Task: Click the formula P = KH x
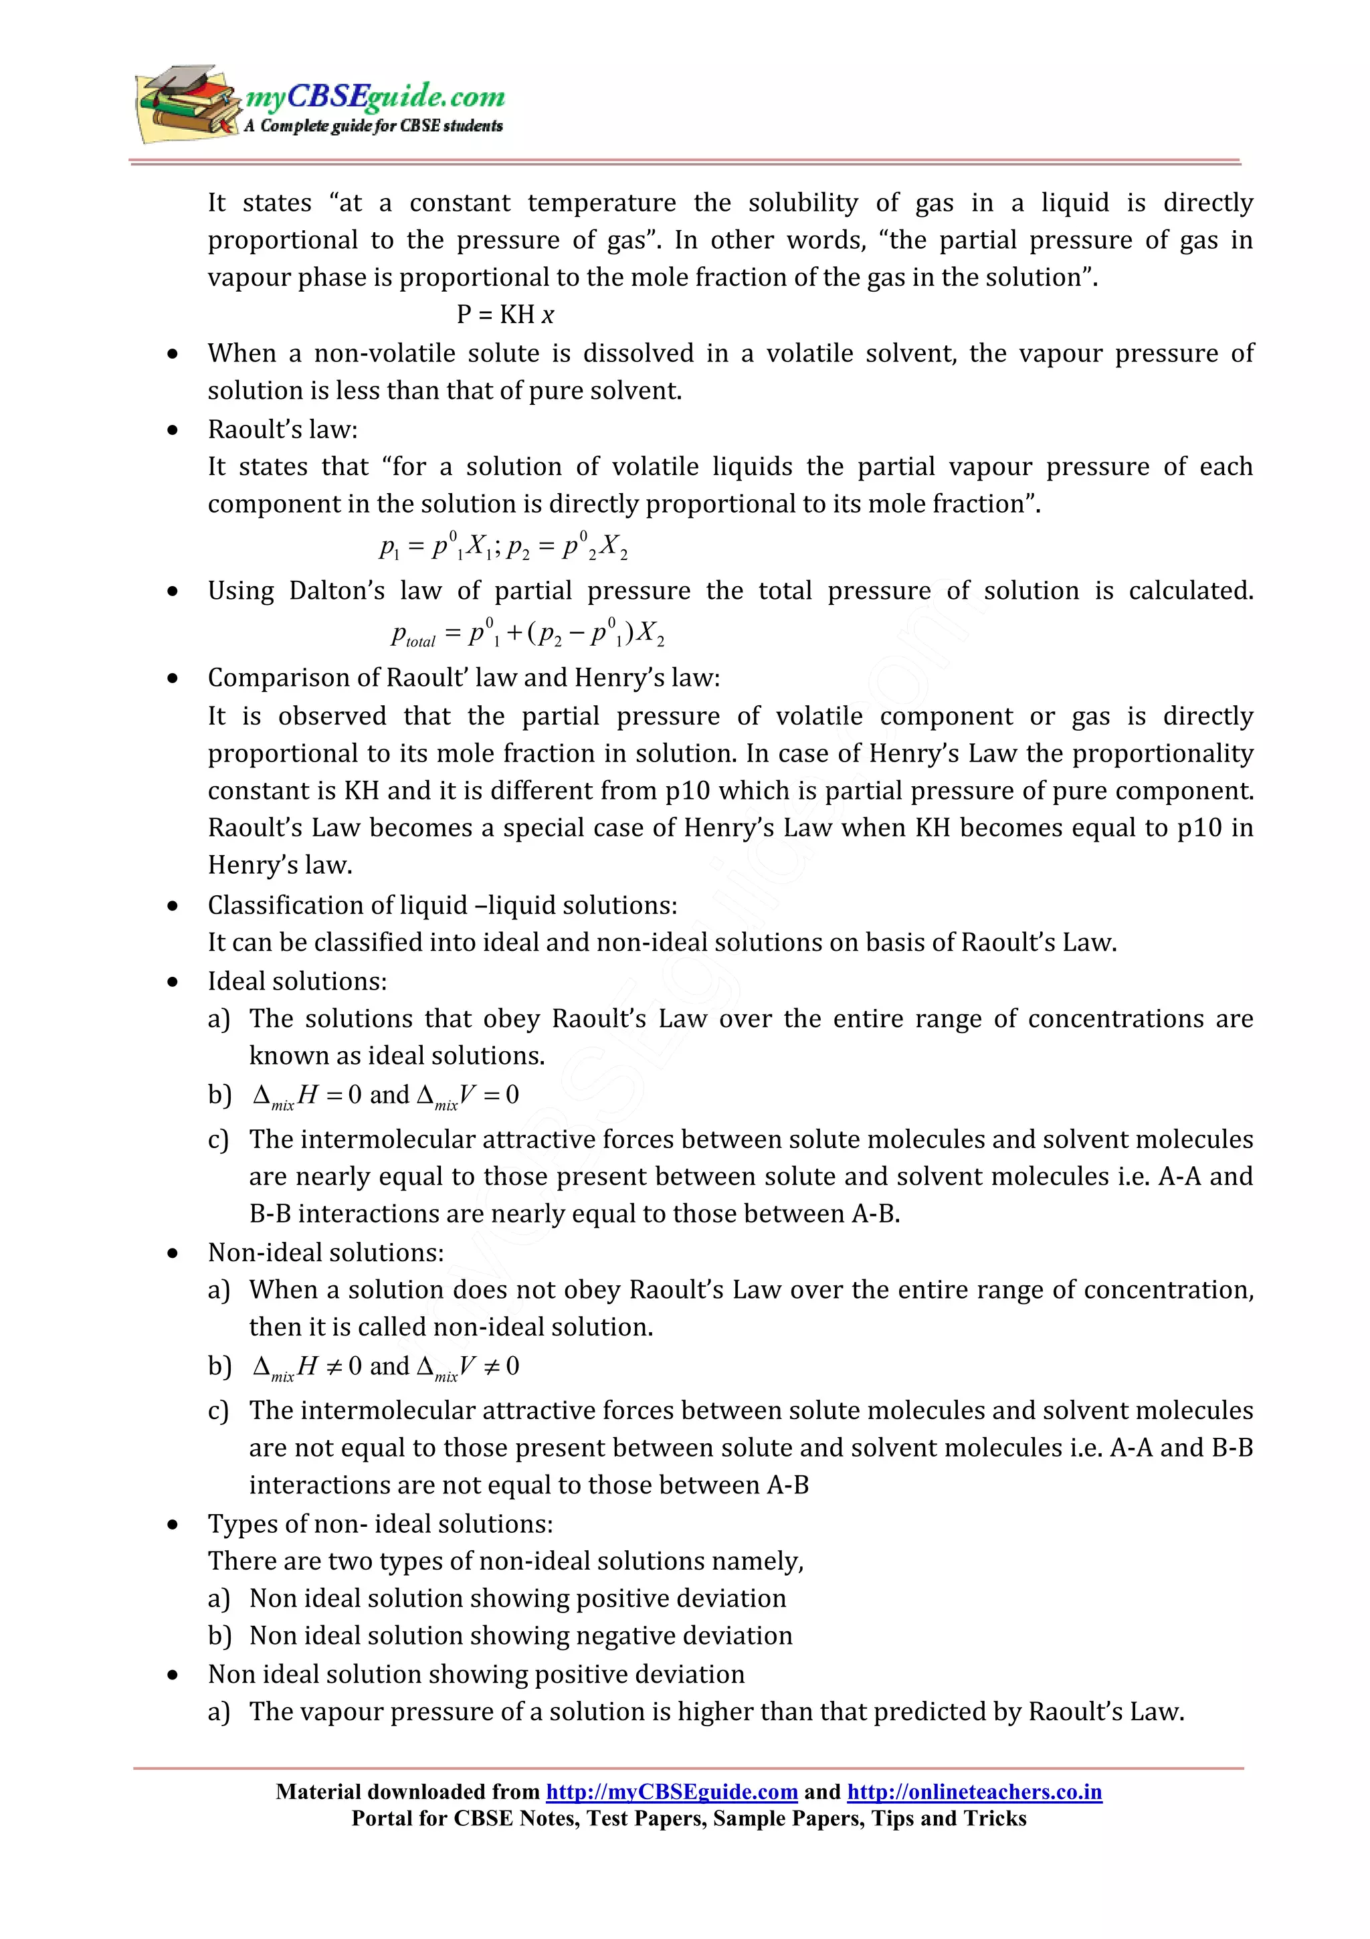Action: coord(505,315)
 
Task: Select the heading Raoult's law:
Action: coord(283,430)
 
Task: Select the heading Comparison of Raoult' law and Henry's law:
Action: coord(464,678)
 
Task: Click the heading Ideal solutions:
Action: coord(297,982)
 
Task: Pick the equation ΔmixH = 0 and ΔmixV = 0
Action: coord(386,1095)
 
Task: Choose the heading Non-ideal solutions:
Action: coord(326,1253)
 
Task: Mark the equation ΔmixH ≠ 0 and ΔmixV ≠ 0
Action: coord(386,1366)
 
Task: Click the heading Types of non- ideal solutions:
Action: coord(380,1523)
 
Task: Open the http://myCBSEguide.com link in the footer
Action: coord(671,1792)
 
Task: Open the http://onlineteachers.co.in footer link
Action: coord(974,1792)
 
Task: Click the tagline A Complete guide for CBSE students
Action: coord(373,126)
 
